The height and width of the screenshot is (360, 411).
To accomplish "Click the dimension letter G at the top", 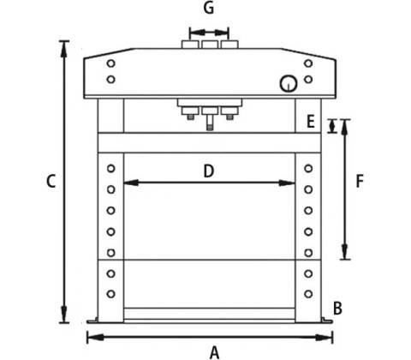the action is pos(209,8).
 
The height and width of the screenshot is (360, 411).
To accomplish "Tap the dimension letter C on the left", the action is pos(51,181).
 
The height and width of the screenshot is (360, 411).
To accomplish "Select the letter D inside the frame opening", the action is pos(209,171).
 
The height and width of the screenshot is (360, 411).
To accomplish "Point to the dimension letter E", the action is pos(311,121).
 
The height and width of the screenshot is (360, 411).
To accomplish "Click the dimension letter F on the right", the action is pos(360,181).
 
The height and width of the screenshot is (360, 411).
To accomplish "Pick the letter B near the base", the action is pos(337,309).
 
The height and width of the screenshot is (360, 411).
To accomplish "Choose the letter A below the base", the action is pos(214,352).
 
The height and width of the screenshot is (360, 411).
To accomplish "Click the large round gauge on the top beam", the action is pos(289,84).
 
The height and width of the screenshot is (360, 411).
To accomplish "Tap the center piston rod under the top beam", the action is pos(210,123).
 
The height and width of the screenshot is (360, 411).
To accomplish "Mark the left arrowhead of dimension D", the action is pos(131,183).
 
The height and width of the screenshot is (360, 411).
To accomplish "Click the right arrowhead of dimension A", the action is pos(325,338).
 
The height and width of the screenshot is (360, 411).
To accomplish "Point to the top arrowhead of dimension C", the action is pos(64,49).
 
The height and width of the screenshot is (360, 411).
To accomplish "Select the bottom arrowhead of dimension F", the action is pos(345,251).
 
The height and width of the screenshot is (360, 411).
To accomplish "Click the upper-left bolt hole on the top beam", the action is pos(110,63).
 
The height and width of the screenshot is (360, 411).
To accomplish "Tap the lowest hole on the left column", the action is pos(110,294).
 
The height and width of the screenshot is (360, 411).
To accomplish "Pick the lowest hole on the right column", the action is pos(308,294).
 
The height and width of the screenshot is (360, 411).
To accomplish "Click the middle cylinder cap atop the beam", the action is pos(210,45).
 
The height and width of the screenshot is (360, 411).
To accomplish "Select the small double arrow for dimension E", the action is pos(332,126).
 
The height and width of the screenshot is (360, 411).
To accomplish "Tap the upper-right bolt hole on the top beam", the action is pos(308,63).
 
